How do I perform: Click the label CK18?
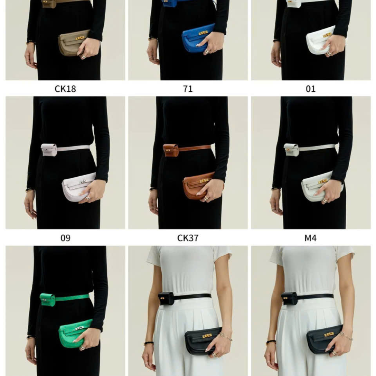[x=65, y=89]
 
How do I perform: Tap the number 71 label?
[x=188, y=89]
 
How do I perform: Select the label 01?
[x=311, y=89]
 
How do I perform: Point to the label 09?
[x=65, y=238]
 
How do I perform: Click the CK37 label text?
[x=188, y=238]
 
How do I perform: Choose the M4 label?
[x=311, y=238]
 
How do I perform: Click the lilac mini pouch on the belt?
[x=49, y=150]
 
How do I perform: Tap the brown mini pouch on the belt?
[x=171, y=150]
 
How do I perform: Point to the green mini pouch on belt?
[x=47, y=300]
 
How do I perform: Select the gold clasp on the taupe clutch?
[x=80, y=38]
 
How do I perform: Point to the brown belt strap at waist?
[x=195, y=148]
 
